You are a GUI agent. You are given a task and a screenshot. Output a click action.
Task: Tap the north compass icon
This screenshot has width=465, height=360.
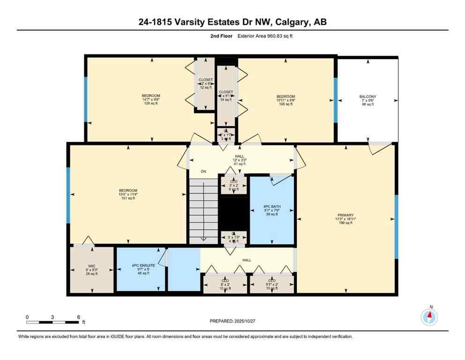(429, 317)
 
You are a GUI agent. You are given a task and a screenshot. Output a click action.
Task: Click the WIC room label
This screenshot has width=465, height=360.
(92, 270)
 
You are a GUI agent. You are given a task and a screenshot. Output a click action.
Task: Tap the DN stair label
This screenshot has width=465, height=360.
(204, 172)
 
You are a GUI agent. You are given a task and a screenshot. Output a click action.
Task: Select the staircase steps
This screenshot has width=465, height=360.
(204, 211)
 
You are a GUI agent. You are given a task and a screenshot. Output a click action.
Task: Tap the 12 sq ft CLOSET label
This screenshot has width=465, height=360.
(206, 83)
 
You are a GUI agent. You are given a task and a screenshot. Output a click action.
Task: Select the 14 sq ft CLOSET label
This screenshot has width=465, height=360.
(226, 96)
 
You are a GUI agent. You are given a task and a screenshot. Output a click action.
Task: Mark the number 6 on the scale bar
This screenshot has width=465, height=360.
(79, 317)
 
